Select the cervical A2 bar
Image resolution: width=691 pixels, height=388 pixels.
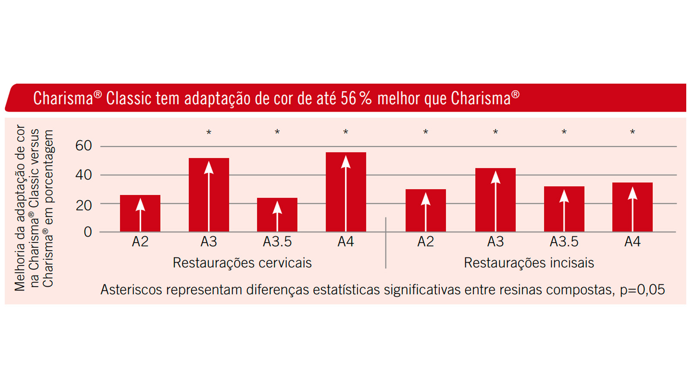140,214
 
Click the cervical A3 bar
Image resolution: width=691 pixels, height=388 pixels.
209,195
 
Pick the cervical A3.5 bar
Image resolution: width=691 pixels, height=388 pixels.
277,215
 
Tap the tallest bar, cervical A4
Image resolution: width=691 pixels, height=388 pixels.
345,192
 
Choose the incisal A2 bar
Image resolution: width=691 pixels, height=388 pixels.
425,211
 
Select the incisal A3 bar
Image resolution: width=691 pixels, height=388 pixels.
495,200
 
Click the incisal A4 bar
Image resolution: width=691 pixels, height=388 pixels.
632,207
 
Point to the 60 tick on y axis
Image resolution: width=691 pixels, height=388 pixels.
83,146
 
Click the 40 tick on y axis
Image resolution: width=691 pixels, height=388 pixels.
83,175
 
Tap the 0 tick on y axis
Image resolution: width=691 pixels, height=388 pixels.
88,232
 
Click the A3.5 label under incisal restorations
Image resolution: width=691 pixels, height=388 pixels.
564,242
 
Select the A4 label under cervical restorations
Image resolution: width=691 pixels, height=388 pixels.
345,242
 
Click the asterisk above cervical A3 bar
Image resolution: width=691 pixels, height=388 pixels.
209,133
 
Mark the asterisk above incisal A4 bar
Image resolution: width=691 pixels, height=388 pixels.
632,132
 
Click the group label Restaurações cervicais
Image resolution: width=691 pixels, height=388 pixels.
242,263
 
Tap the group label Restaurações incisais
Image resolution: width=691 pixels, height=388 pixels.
529,263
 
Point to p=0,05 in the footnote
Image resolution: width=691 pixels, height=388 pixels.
642,290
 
